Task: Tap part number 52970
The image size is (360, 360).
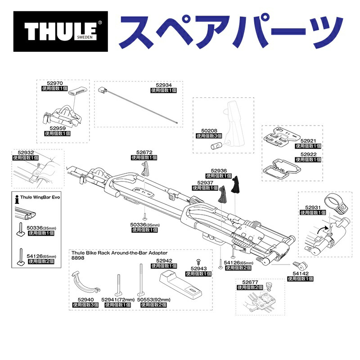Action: click(55, 83)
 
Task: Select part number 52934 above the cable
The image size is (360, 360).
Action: click(164, 84)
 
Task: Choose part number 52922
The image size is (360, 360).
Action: click(309, 154)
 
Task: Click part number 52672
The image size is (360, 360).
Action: click(144, 152)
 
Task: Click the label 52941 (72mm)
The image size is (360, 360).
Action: click(117, 299)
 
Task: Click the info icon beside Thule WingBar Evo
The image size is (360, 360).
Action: click(17, 197)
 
